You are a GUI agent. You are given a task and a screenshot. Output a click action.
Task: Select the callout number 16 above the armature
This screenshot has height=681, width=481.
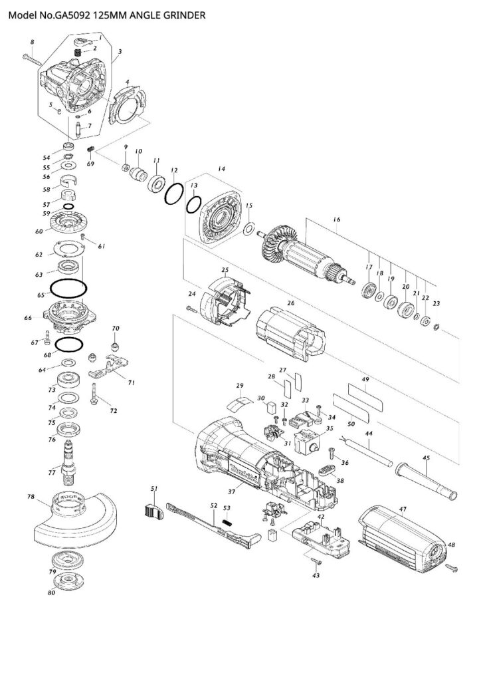point(337,219)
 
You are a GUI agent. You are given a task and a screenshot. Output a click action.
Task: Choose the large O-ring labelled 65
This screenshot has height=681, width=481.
point(68,289)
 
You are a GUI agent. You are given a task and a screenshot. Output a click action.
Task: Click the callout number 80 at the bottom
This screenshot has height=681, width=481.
point(51,593)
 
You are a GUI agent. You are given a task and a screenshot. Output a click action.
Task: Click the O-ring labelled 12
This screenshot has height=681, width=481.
point(173,196)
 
